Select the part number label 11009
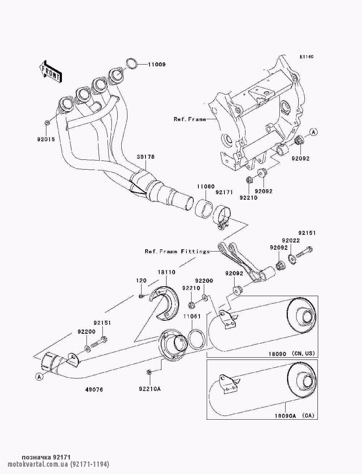pos(156,65)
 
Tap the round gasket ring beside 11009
pos(132,64)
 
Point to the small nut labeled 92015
pos(47,123)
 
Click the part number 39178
pos(146,157)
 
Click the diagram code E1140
pos(306,57)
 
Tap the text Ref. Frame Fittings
pos(177,251)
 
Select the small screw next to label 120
pos(141,296)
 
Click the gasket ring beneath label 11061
pos(197,338)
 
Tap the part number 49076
pos(94,390)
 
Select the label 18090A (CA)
pos(293,416)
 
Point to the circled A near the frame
pos(314,132)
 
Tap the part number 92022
pos(291,241)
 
